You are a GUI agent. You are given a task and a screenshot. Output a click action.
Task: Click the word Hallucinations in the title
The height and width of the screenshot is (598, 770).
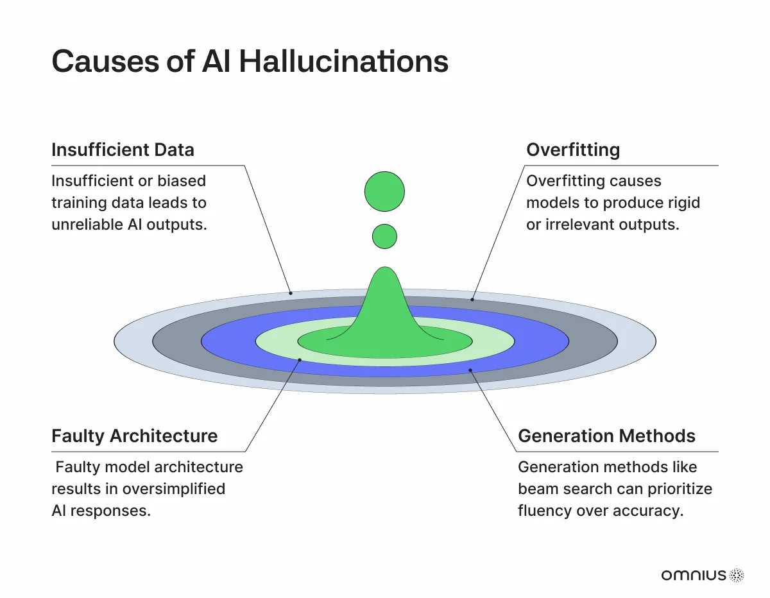pos(344,62)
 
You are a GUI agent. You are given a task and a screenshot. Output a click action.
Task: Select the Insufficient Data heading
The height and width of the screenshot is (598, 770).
pos(123,149)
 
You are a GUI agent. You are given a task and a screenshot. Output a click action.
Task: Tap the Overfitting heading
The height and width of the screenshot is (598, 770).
pos(573,150)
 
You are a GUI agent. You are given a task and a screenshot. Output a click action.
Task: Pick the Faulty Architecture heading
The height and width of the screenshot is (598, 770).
pos(135,436)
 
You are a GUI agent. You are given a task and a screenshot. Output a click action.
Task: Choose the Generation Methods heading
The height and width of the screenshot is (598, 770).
pos(606,436)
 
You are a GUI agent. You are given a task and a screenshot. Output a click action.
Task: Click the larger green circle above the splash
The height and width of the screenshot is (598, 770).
pos(384,192)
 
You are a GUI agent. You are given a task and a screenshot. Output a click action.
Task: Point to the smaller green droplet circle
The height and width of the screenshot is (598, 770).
pos(384,236)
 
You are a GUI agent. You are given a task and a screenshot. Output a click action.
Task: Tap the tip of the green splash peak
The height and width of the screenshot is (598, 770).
pos(385,267)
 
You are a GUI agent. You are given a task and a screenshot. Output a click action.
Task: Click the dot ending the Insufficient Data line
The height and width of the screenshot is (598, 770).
pos(291,293)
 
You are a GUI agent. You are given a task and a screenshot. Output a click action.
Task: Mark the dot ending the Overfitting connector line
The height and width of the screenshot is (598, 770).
pos(472,300)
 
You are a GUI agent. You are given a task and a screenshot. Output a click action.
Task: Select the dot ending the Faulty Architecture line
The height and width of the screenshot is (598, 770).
pos(300,360)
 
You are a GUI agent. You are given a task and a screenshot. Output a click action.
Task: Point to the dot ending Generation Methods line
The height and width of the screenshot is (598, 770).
pos(470,370)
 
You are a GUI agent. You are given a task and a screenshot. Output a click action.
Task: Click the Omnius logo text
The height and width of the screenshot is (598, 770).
pos(694,575)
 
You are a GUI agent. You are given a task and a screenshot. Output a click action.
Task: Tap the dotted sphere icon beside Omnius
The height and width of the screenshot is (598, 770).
pos(737,576)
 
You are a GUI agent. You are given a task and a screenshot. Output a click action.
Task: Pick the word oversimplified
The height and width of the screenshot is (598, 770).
pos(174,489)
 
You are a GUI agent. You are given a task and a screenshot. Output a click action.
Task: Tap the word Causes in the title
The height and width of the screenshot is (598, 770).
pos(106,62)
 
